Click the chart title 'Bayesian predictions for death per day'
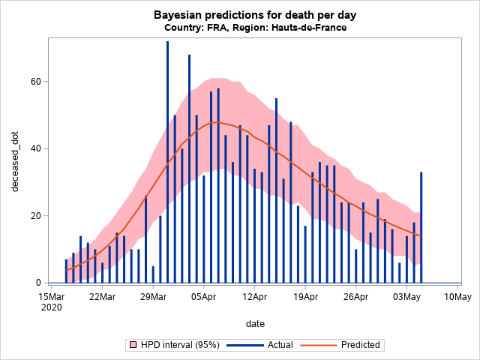[x=254, y=15]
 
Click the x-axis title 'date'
[x=254, y=323]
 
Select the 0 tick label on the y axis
[x=37, y=283]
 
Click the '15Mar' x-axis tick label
[x=51, y=297]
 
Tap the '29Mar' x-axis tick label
[x=153, y=297]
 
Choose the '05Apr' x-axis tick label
[x=203, y=297]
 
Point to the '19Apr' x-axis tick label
[x=305, y=297]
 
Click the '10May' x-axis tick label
[x=457, y=297]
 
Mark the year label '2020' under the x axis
[x=51, y=307]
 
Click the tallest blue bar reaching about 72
[x=167, y=161]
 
